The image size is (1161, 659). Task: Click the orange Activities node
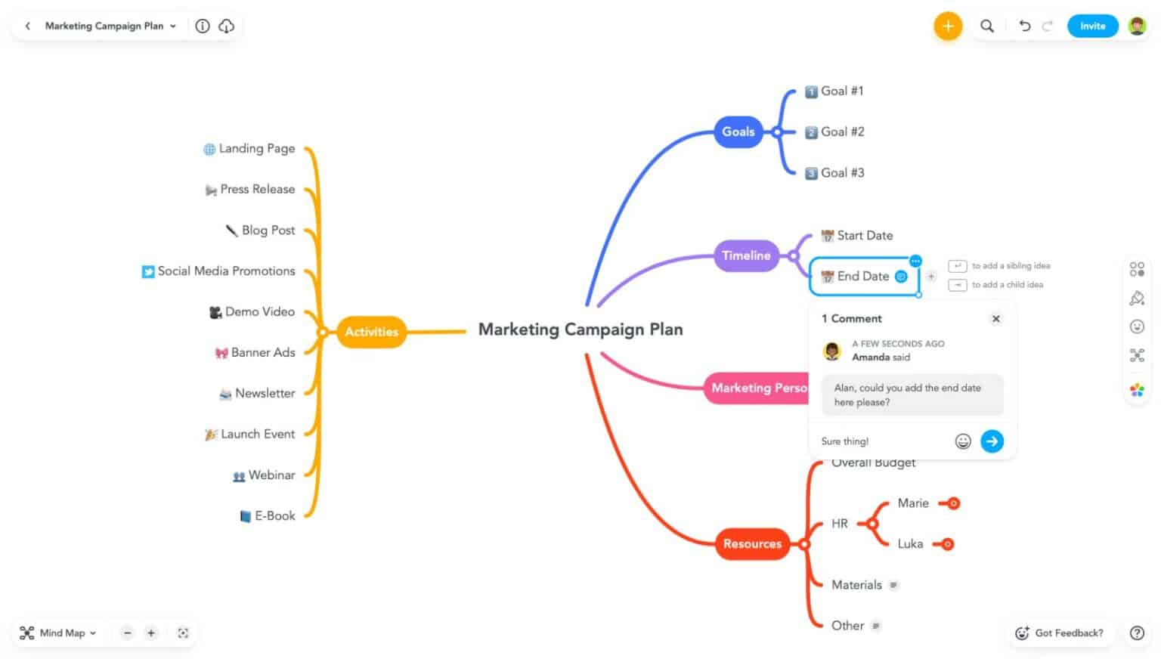371,332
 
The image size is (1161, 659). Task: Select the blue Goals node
738,131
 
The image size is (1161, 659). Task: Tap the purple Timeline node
745,255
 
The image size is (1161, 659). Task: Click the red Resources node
752,544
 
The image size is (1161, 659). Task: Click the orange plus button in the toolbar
947,26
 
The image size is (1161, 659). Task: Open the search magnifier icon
987,26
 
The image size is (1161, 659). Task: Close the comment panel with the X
996,319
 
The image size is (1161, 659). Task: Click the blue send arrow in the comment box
992,441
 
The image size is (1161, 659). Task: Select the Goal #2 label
842,131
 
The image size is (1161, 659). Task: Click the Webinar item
271,475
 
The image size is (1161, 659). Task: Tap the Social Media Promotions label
226,271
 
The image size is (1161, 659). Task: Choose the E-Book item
274,516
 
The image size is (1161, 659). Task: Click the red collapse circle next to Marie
954,503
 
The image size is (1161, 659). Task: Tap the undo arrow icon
1024,26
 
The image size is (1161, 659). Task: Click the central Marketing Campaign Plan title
580,329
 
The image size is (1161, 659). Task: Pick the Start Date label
864,236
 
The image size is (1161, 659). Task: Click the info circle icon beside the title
203,26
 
